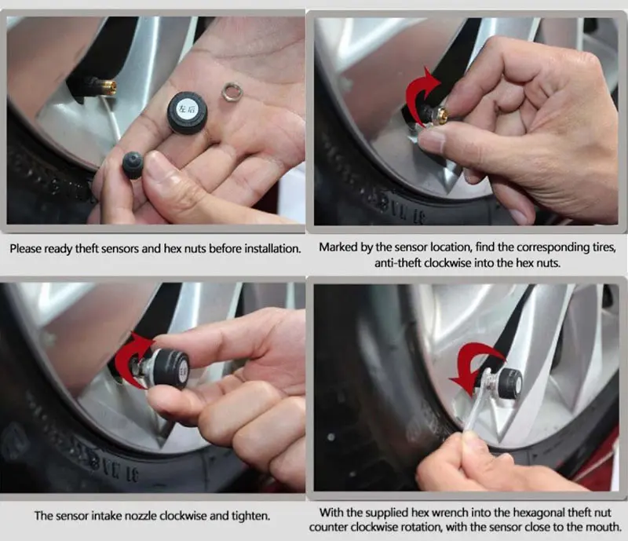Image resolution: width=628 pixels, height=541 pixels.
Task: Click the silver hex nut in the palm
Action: tap(232, 91)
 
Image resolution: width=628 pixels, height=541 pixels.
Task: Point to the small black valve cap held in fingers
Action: tap(133, 165)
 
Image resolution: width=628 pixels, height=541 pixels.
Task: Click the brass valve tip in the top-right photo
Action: tap(443, 115)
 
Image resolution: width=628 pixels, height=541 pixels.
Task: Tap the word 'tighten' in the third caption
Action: tap(250, 516)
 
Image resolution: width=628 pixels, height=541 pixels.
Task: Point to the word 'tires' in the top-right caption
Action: tap(604, 247)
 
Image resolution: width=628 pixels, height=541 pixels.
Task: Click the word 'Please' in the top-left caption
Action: tap(25, 249)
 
